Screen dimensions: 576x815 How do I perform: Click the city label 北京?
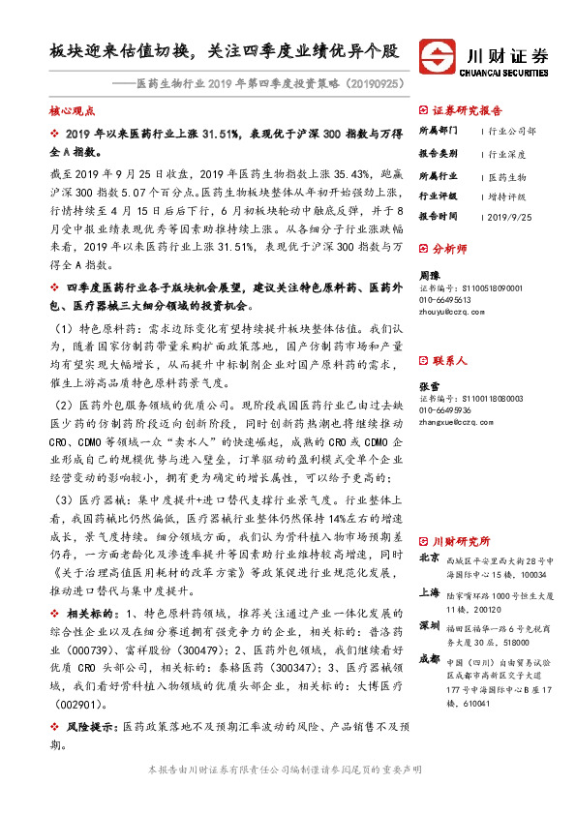pos(429,558)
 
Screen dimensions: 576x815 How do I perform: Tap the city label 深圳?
pos(429,625)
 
